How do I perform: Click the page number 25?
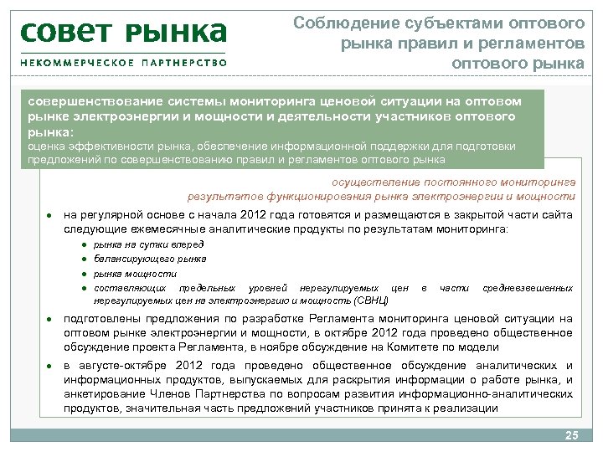572,435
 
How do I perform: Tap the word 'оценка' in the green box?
45,146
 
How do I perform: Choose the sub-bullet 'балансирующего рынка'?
138,259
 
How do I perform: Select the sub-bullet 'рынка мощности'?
123,273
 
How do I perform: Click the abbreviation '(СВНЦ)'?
372,299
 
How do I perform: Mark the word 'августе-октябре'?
125,365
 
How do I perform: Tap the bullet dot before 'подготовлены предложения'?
49,320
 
